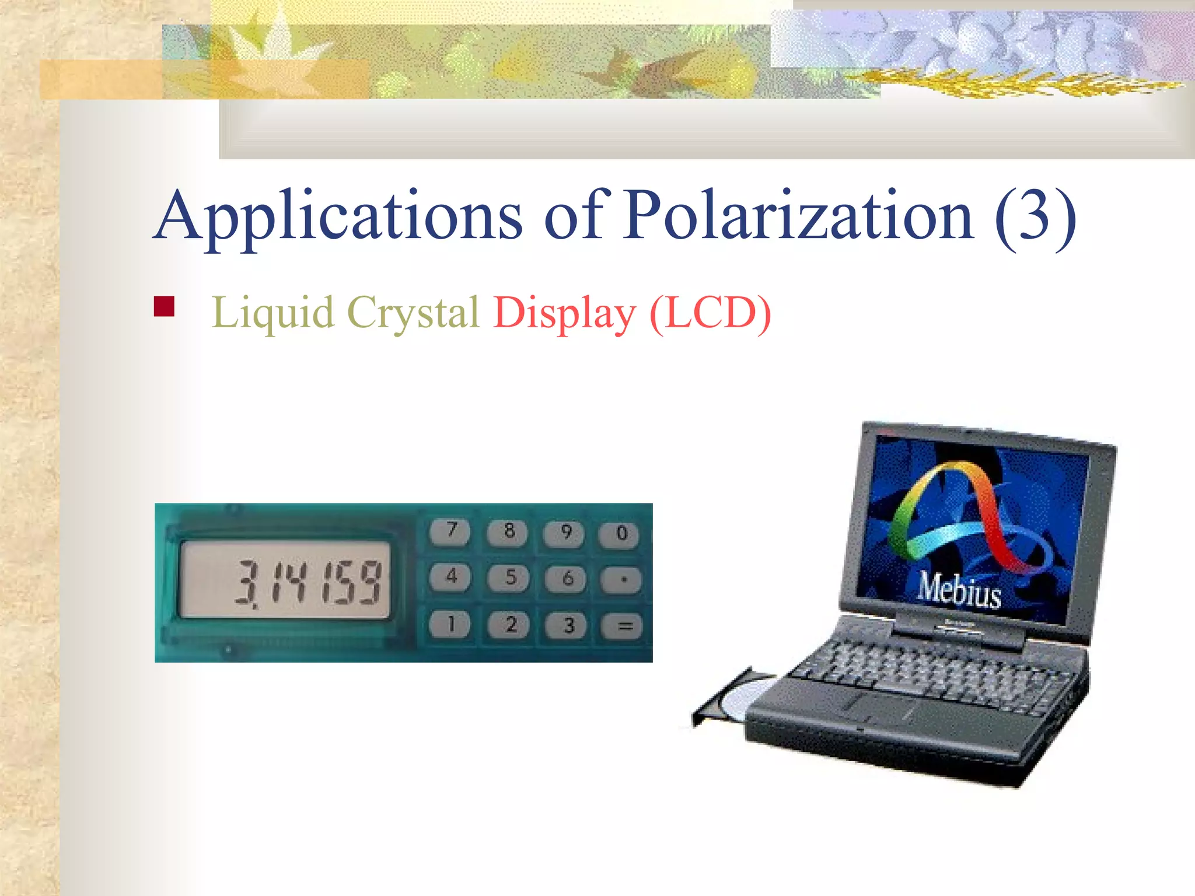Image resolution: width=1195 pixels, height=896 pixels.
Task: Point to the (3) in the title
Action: pyautogui.click(x=1035, y=217)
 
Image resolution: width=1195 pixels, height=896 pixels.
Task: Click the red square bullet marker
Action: pyautogui.click(x=164, y=307)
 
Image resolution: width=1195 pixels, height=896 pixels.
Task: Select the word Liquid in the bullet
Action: pyautogui.click(x=272, y=313)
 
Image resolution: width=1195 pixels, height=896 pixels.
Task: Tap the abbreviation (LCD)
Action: pyautogui.click(x=710, y=313)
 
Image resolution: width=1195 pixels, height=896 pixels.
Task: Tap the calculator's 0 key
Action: pyautogui.click(x=621, y=533)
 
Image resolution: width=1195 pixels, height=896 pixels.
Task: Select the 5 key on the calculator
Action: pyautogui.click(x=509, y=577)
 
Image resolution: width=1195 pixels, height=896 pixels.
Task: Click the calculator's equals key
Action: pyautogui.click(x=624, y=626)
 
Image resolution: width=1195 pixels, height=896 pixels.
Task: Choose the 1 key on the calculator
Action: pyautogui.click(x=450, y=625)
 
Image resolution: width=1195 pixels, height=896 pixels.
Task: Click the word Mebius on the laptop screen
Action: pyautogui.click(x=959, y=590)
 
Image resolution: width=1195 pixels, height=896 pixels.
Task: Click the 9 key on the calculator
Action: pyautogui.click(x=565, y=533)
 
